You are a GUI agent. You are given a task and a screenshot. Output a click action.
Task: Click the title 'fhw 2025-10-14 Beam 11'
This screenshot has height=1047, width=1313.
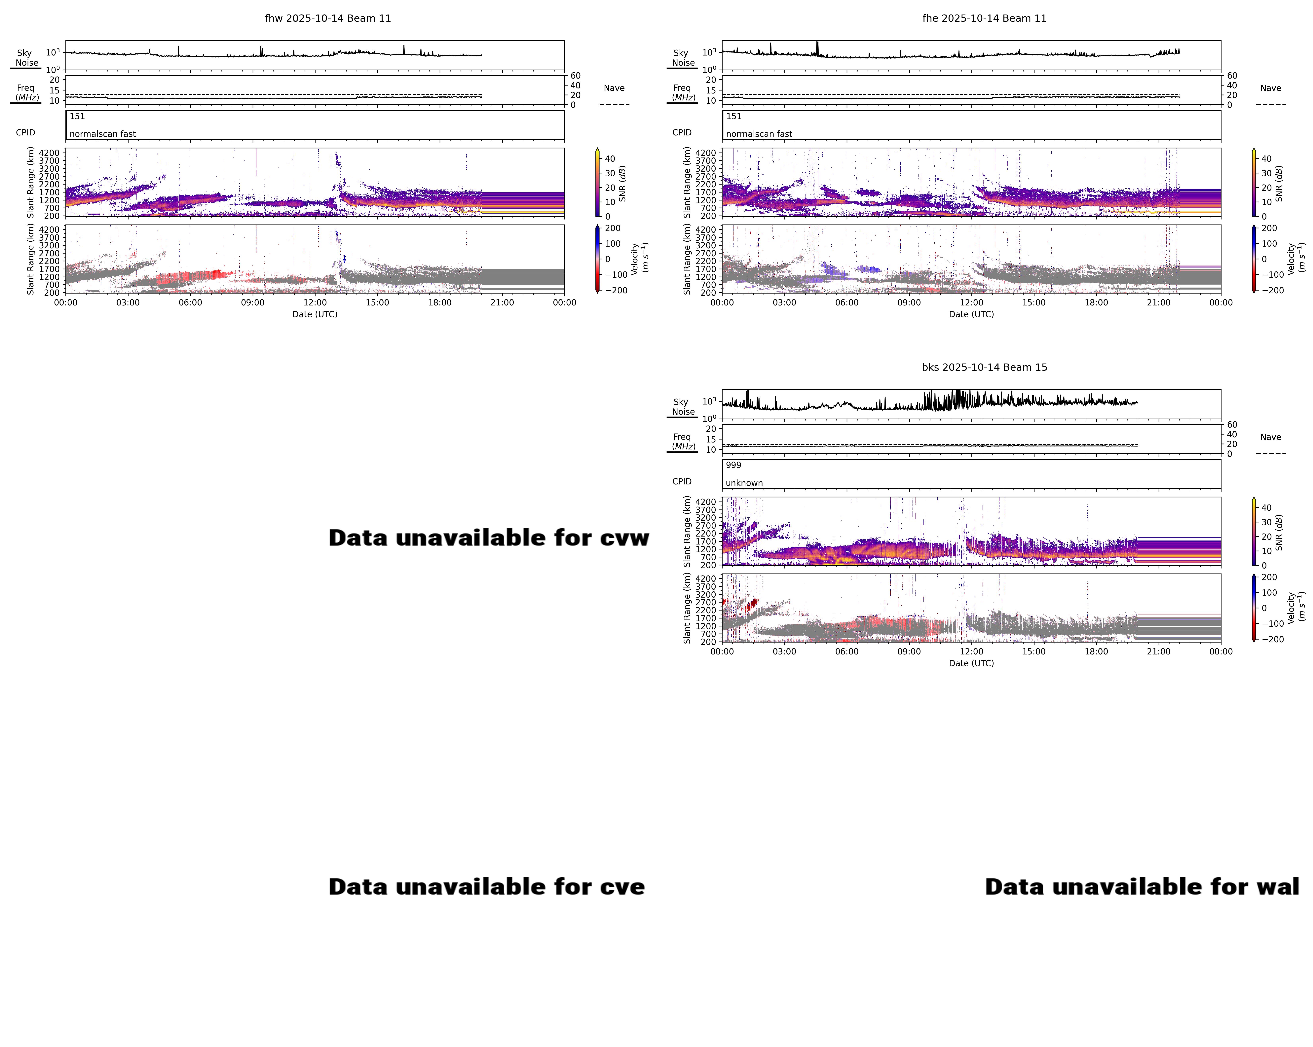328,18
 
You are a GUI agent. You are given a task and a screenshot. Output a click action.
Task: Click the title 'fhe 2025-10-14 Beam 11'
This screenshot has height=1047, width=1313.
984,18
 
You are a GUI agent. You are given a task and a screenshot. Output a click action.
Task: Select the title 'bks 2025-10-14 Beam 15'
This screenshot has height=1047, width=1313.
984,367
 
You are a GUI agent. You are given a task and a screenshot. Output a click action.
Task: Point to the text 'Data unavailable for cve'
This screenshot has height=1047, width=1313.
487,887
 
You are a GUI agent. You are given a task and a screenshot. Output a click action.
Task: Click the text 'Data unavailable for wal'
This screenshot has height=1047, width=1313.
1142,887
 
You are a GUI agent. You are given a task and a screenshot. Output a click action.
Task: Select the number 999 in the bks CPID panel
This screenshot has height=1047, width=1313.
733,465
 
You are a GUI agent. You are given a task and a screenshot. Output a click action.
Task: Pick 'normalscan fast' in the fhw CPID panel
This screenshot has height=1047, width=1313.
102,134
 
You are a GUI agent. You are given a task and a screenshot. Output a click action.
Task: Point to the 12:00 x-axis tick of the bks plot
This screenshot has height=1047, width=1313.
971,651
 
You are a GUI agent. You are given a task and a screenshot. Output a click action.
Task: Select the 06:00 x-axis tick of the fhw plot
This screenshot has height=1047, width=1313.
190,302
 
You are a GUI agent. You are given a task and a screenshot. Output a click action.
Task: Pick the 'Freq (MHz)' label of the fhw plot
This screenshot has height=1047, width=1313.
26,92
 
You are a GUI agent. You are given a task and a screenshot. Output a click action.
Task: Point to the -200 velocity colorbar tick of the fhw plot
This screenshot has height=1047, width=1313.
616,290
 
